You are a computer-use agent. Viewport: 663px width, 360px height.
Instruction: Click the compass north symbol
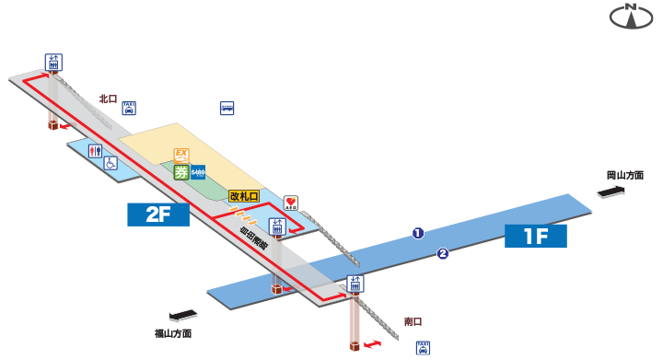(632, 17)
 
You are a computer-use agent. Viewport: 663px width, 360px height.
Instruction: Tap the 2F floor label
(157, 215)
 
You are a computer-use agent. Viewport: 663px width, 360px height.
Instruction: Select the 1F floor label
(535, 236)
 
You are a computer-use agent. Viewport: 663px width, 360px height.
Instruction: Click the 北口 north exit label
(109, 99)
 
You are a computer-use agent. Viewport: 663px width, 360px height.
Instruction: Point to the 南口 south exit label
(413, 321)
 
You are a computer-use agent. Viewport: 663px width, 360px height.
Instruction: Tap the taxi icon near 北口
(129, 108)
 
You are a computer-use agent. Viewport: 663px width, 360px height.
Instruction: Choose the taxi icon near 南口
(423, 347)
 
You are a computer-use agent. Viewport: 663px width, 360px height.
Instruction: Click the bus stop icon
(227, 108)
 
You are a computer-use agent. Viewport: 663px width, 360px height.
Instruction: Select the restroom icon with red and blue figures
(95, 150)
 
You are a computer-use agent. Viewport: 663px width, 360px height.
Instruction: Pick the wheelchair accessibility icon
(110, 164)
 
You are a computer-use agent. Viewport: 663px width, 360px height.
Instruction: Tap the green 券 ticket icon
(181, 170)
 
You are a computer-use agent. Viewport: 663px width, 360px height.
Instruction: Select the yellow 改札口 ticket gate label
(244, 196)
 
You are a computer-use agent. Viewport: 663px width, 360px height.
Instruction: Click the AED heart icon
(290, 203)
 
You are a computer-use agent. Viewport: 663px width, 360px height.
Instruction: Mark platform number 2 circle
(443, 254)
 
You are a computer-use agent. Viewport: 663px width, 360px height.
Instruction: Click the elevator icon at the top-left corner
(53, 63)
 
